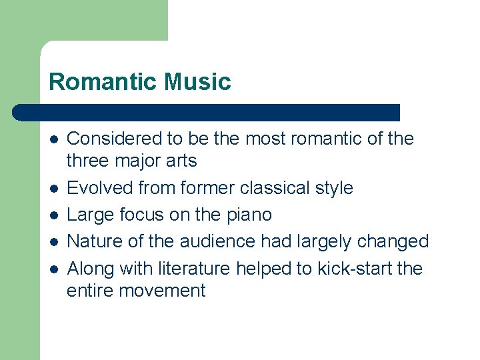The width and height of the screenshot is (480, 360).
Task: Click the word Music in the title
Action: (197, 82)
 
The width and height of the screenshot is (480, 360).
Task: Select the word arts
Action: (179, 161)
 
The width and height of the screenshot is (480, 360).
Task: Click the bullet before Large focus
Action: (53, 215)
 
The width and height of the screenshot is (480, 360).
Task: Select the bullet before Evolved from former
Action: (53, 189)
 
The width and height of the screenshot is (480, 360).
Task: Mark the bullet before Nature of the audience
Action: (53, 242)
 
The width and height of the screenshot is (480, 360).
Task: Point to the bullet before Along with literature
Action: (53, 269)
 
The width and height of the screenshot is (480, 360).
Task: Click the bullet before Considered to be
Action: (53, 139)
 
